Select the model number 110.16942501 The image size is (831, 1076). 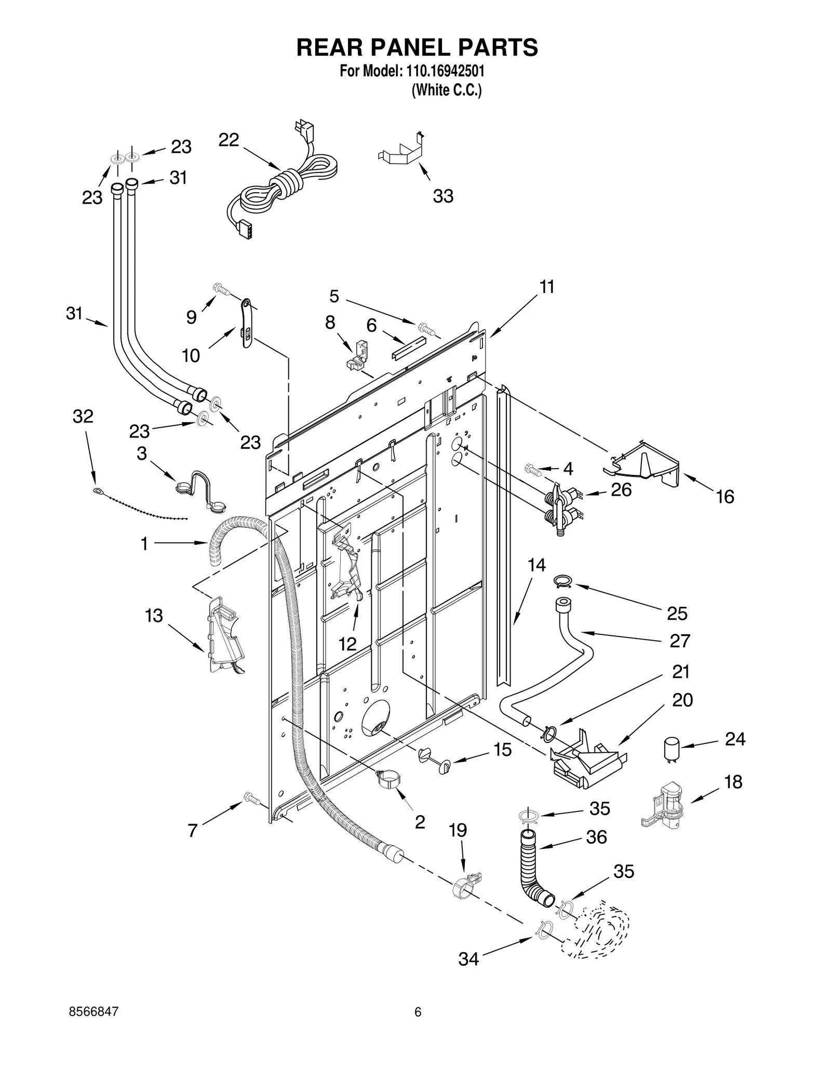click(444, 71)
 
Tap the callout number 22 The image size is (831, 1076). click(229, 140)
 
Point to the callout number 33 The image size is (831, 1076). click(443, 196)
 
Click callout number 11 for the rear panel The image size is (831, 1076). click(547, 286)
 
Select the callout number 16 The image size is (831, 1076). click(725, 497)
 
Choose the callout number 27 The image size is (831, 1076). click(679, 641)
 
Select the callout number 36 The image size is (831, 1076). click(597, 837)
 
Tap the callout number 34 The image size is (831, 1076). click(468, 959)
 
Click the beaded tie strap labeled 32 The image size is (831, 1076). click(140, 503)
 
